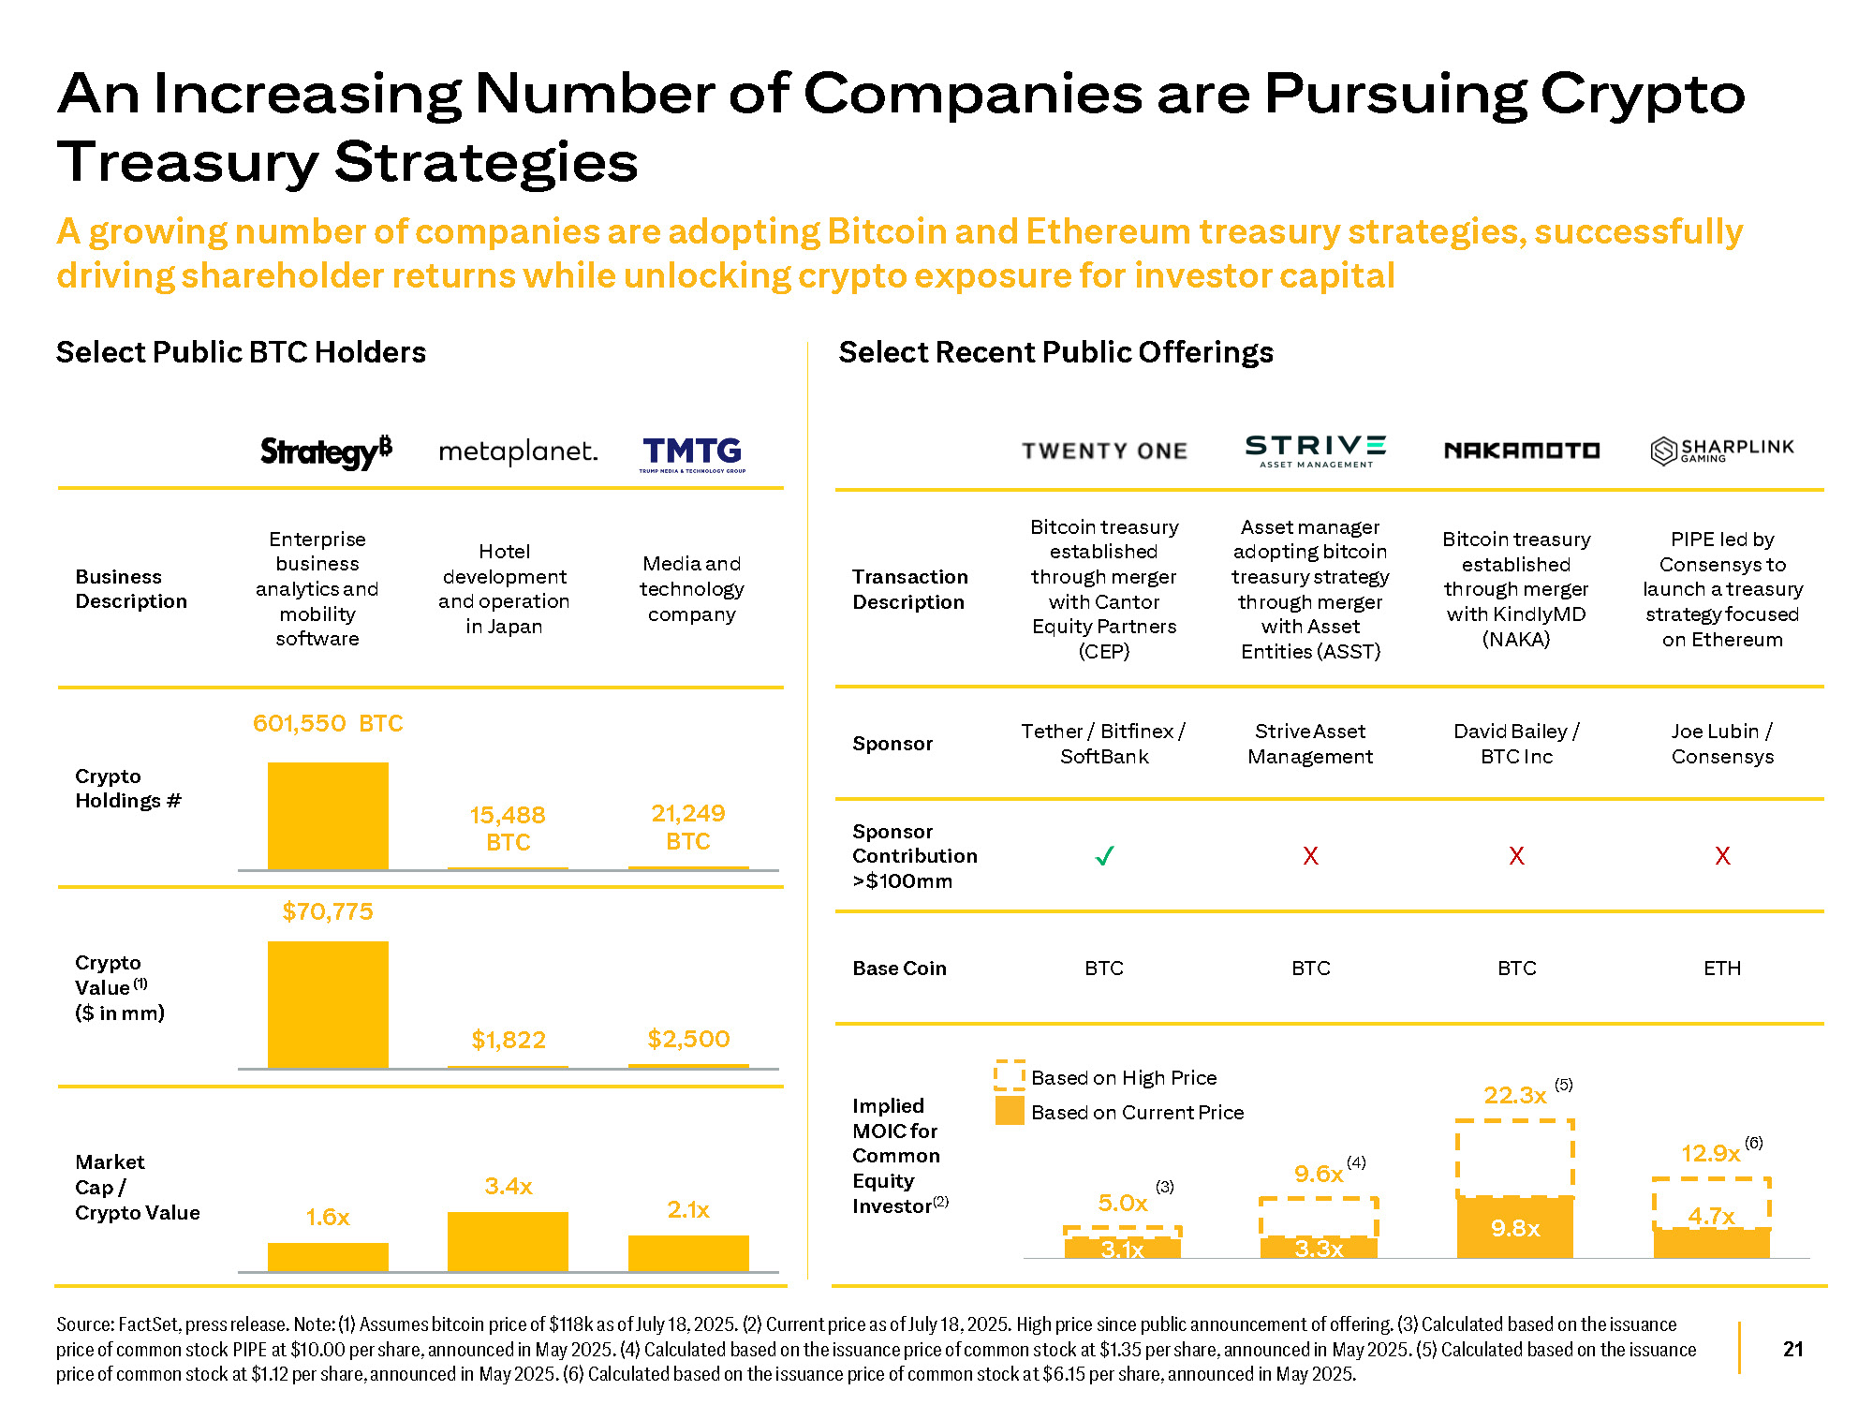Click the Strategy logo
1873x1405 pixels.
click(x=326, y=451)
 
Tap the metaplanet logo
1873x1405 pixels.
click(x=518, y=451)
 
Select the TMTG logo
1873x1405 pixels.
click(x=692, y=453)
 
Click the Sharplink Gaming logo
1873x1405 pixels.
click(x=1722, y=451)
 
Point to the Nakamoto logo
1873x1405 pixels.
click(x=1522, y=451)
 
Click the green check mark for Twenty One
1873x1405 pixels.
click(x=1105, y=856)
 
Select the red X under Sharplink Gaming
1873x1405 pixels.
click(x=1722, y=856)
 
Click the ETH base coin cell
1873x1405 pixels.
click(x=1722, y=969)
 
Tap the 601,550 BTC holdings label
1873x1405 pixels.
click(x=328, y=723)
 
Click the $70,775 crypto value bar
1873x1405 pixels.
click(x=328, y=1004)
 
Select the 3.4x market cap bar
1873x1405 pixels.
click(x=508, y=1241)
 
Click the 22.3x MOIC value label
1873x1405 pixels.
click(x=1514, y=1095)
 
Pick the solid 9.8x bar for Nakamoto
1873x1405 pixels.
click(x=1515, y=1227)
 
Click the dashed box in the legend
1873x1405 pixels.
click(x=1009, y=1075)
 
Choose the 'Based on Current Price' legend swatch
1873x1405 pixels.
click(x=1009, y=1111)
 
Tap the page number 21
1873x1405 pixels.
click(x=1792, y=1349)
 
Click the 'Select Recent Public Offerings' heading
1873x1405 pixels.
click(x=1055, y=352)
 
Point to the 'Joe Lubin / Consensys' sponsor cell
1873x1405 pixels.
click(x=1722, y=744)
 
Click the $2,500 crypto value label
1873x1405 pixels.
click(x=688, y=1039)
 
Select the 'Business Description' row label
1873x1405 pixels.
click(x=131, y=589)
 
